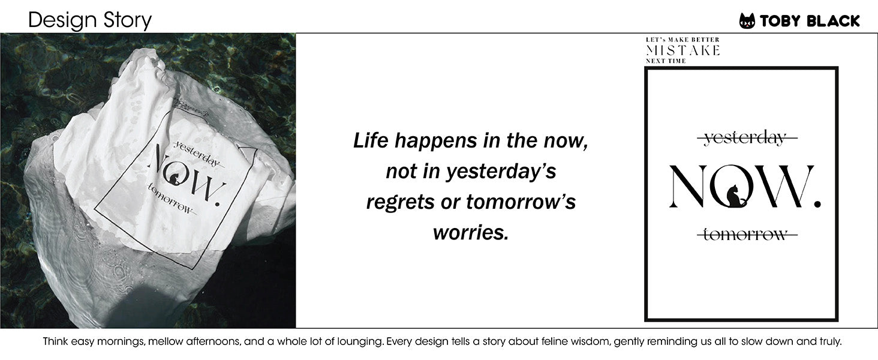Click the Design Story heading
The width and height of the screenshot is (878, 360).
tap(90, 20)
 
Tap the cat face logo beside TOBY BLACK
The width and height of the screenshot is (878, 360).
tap(747, 21)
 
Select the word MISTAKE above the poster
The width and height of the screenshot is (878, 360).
tap(683, 50)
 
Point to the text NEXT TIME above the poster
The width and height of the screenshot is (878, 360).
tap(666, 61)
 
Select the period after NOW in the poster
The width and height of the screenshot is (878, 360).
tap(817, 203)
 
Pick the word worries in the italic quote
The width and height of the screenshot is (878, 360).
tap(471, 233)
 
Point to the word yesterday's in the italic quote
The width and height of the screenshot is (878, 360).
tap(501, 172)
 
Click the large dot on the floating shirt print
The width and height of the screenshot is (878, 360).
tap(217, 203)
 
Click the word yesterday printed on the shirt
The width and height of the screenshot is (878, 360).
tap(197, 154)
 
